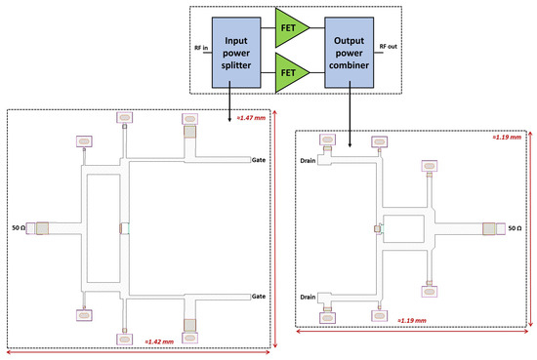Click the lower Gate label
[259, 296]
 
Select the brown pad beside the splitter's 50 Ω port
[43, 228]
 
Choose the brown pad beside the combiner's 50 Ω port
[489, 228]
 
